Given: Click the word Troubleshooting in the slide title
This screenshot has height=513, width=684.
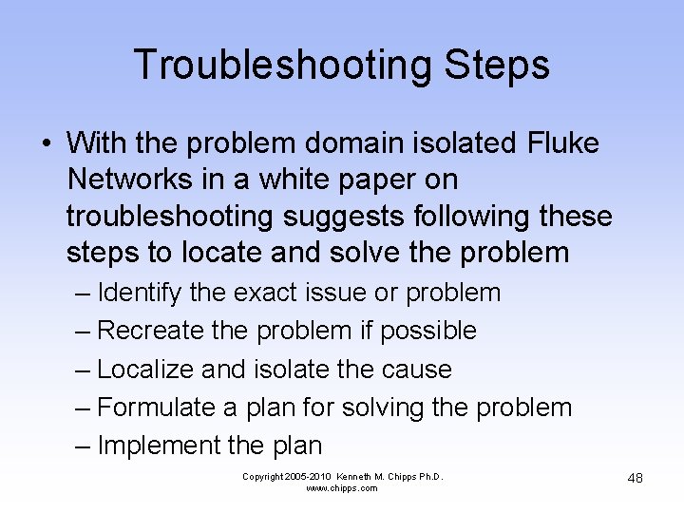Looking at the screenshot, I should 269,66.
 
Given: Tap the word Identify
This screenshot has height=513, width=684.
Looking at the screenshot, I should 140,293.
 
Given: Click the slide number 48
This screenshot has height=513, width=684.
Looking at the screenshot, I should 635,477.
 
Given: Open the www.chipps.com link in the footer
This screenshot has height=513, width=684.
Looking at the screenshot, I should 342,488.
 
